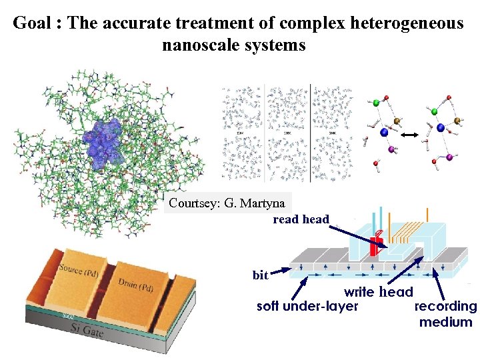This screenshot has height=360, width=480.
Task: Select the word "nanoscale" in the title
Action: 199,45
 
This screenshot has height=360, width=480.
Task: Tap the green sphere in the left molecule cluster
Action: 376,103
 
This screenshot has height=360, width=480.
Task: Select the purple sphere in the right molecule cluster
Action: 449,158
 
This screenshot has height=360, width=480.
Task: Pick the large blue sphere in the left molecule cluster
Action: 383,133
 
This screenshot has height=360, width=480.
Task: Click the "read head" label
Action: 301,219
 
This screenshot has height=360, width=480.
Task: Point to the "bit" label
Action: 261,275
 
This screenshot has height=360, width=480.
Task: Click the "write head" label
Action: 378,292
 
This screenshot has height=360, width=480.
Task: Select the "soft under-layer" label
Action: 307,307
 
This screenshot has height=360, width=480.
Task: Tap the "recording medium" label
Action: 445,314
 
